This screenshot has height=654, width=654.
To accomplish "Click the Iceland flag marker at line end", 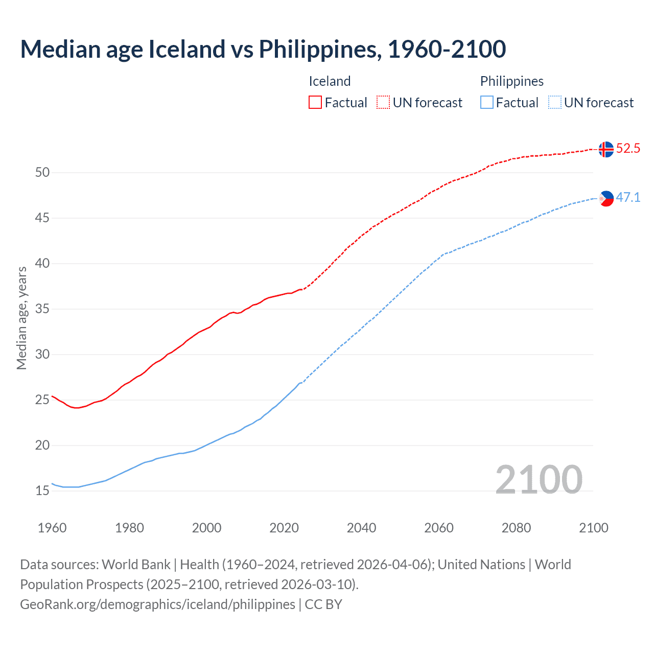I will [x=606, y=149].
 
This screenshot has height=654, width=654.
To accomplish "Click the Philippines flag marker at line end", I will [x=606, y=198].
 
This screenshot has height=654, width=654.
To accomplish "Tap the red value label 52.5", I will [x=628, y=149].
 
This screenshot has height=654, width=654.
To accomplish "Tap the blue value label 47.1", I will [x=628, y=198].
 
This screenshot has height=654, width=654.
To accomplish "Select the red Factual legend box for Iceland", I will [x=315, y=103].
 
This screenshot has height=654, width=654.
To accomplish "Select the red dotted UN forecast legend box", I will [x=383, y=103].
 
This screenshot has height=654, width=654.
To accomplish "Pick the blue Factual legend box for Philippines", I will [x=486, y=103].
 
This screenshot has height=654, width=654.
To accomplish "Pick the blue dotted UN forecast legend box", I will [x=554, y=103].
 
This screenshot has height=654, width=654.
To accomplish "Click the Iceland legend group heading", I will [x=330, y=81].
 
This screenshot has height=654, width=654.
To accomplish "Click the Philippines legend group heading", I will [x=511, y=81].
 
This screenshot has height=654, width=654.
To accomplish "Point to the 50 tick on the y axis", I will [x=42, y=173].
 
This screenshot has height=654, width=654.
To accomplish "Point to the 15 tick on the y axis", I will [x=42, y=491].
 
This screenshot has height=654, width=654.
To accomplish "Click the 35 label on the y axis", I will [x=42, y=309].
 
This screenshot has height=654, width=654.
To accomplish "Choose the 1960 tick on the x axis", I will [x=52, y=528].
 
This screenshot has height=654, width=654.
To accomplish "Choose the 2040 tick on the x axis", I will [x=361, y=528].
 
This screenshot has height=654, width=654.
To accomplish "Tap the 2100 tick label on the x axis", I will [x=593, y=528].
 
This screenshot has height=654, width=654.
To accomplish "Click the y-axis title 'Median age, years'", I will [x=21, y=318].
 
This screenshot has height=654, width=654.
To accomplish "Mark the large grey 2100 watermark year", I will [x=539, y=480].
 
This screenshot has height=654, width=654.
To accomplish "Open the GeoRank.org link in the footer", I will [x=157, y=604].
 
